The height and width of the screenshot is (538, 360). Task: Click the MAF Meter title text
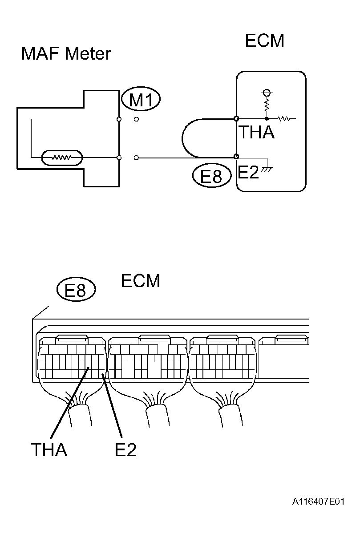[66, 54]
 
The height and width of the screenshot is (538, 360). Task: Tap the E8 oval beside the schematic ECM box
[212, 176]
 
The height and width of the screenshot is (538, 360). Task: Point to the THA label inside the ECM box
[256, 132]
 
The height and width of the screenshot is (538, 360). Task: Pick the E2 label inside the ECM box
[248, 172]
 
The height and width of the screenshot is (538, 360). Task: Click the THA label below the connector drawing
[49, 450]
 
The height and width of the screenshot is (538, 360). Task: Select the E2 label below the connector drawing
[125, 450]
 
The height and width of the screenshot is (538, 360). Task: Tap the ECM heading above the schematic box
[264, 40]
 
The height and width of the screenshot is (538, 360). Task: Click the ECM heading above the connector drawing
[140, 281]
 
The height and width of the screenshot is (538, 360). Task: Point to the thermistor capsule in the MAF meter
[62, 158]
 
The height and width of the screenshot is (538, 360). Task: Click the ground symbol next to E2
[267, 170]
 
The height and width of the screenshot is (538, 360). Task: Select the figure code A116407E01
[318, 502]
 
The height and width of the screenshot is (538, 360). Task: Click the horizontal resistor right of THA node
[284, 119]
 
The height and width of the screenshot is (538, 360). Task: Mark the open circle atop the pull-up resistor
[267, 93]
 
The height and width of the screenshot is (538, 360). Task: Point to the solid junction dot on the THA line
[267, 119]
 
